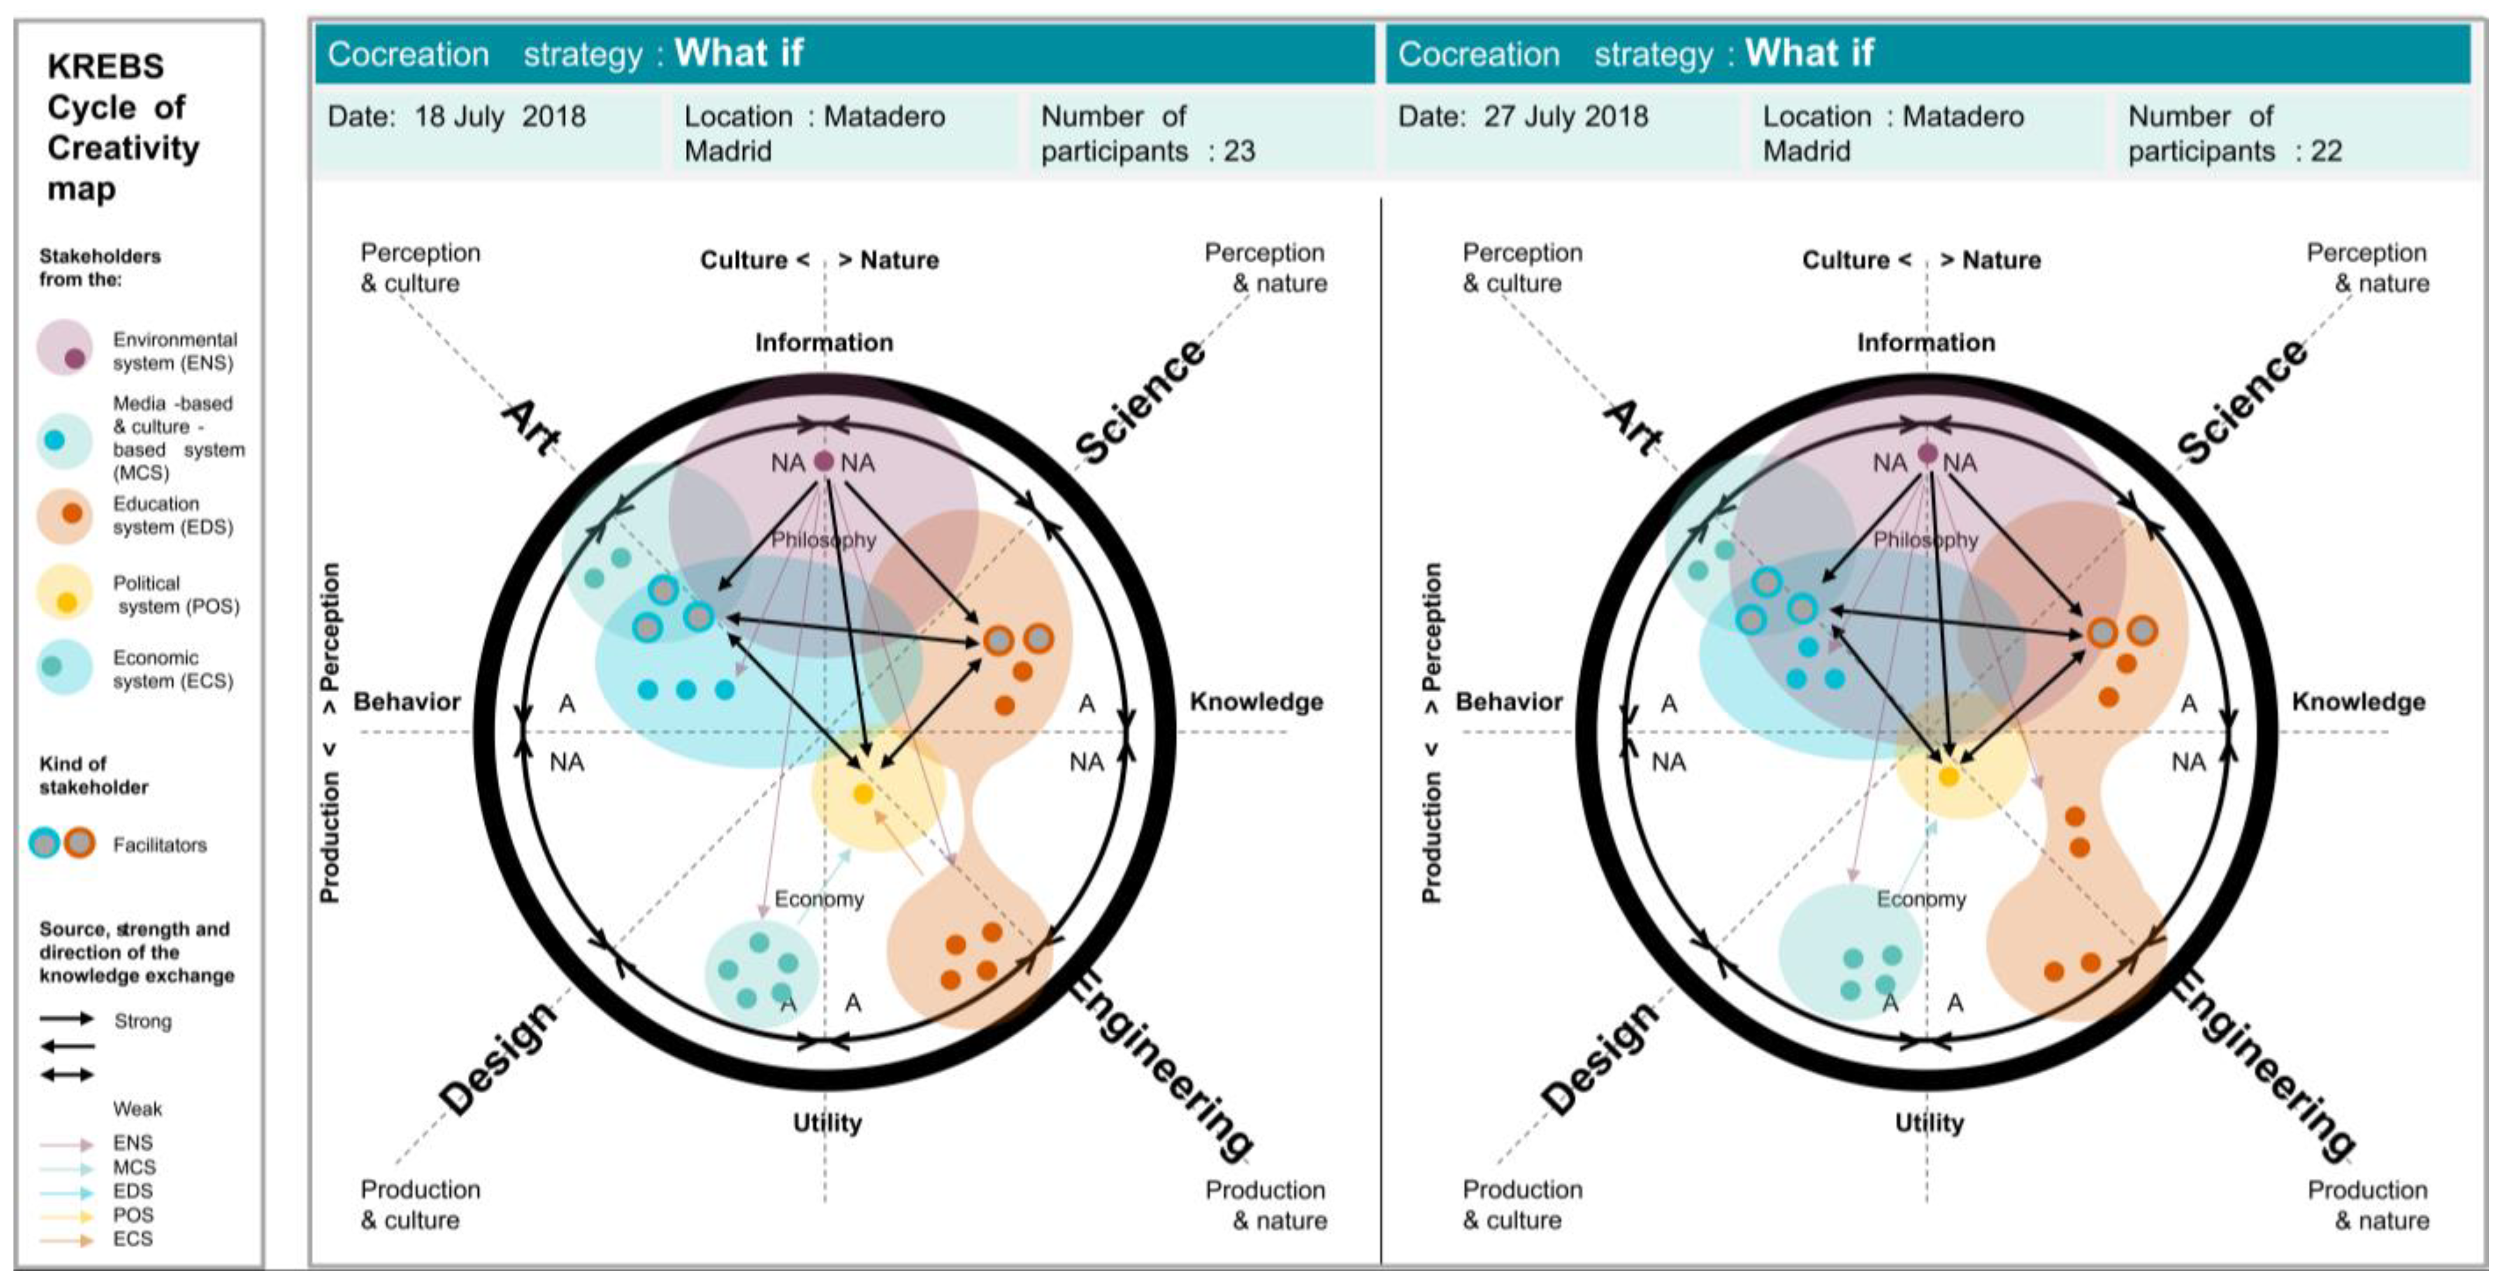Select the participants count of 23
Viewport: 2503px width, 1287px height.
pos(1239,152)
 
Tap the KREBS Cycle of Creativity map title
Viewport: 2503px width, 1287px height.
pos(122,126)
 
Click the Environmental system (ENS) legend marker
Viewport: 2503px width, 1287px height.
pos(65,348)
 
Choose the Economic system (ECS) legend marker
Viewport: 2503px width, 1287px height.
pos(64,667)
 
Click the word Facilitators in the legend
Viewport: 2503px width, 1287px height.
pos(159,845)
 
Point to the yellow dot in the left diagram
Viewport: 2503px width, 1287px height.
pos(863,794)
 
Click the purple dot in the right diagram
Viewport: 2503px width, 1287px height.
pos(1927,454)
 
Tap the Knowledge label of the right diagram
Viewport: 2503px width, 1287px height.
pos(2358,702)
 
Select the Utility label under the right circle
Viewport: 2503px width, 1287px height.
pos(1929,1122)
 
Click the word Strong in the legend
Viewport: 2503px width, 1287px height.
pos(143,1021)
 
